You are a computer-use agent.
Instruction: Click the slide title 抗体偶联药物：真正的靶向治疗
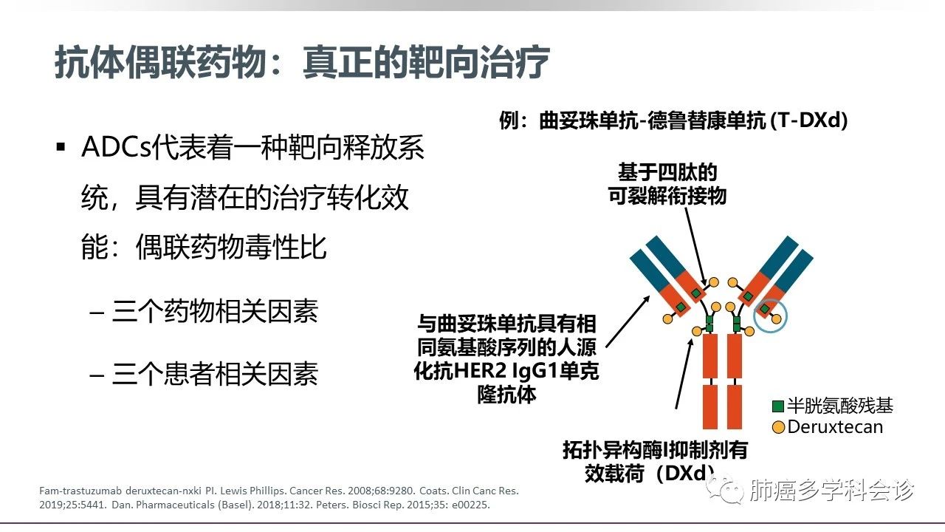pyautogui.click(x=302, y=63)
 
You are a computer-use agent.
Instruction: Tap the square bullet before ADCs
pyautogui.click(x=61, y=147)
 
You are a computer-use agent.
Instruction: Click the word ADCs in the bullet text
pyautogui.click(x=116, y=147)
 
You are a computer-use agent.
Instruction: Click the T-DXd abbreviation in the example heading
pyautogui.click(x=808, y=120)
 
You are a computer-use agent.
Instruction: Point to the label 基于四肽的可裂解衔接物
pyautogui.click(x=667, y=184)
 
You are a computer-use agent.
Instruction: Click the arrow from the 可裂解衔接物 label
pyautogui.click(x=695, y=247)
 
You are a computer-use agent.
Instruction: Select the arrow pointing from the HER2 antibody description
pyautogui.click(x=628, y=321)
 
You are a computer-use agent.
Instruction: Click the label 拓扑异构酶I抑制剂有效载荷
pyautogui.click(x=655, y=461)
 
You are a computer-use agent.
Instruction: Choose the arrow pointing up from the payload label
pyautogui.click(x=684, y=374)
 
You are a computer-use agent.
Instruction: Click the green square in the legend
pyautogui.click(x=777, y=406)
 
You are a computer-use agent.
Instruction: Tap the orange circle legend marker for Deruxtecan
pyautogui.click(x=778, y=427)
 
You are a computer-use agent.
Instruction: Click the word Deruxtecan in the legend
pyautogui.click(x=835, y=427)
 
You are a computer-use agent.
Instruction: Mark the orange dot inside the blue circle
pyautogui.click(x=776, y=318)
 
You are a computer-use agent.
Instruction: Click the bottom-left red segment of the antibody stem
pyautogui.click(x=710, y=406)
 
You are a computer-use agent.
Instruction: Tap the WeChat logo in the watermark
pyautogui.click(x=726, y=489)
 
